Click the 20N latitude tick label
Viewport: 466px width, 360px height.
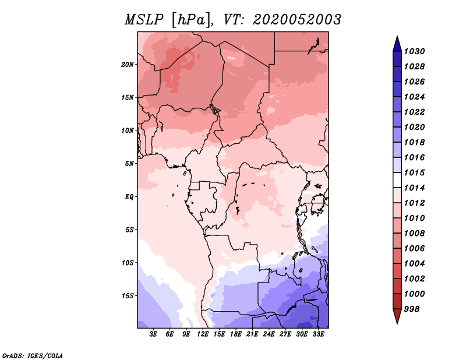(x=128, y=65)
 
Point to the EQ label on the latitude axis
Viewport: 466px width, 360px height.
(x=129, y=197)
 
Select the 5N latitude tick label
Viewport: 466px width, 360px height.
(x=129, y=164)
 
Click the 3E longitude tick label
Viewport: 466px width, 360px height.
(x=153, y=334)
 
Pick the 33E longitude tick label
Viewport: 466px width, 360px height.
(x=318, y=334)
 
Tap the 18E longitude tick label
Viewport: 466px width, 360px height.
(x=236, y=334)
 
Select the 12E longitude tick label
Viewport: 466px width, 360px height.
(x=203, y=334)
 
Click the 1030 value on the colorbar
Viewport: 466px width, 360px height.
(x=414, y=51)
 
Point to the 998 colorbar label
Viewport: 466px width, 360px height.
(x=412, y=309)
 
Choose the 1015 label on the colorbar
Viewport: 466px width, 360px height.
(x=414, y=172)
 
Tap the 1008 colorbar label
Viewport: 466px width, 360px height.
(x=414, y=234)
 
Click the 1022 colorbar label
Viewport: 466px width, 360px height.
(x=414, y=112)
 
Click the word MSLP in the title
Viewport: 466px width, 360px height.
(x=144, y=20)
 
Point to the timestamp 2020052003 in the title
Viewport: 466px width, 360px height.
(x=297, y=20)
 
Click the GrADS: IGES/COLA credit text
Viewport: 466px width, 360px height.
(x=33, y=355)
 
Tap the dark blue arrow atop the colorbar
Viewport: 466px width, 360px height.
(x=397, y=44)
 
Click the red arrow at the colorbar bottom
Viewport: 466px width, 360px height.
(x=397, y=316)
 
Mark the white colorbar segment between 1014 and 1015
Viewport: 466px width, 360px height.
(x=397, y=180)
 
